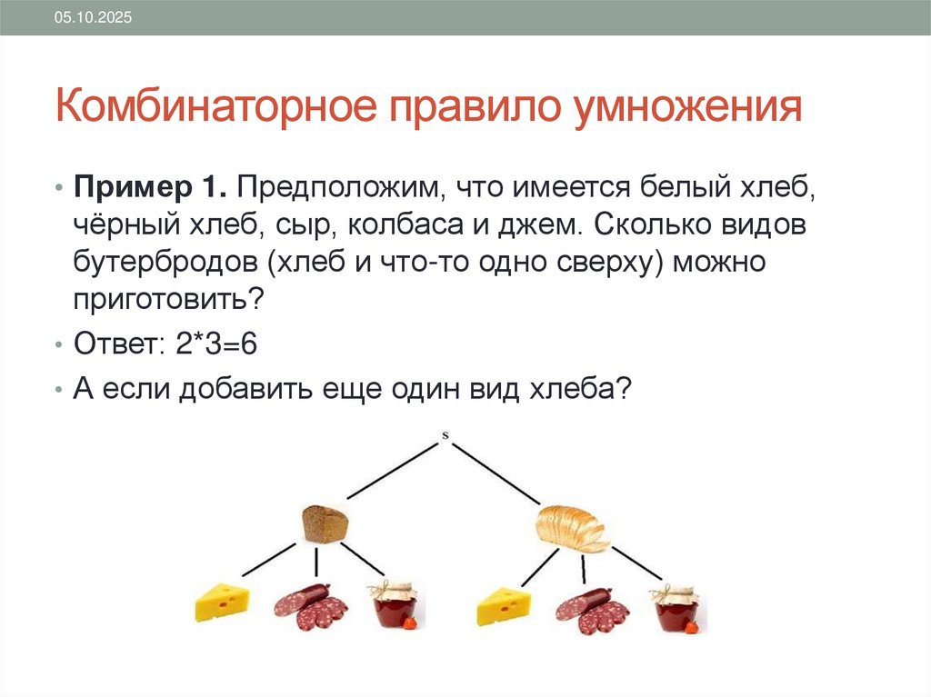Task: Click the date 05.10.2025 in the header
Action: tap(93, 18)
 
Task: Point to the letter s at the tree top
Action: tap(445, 435)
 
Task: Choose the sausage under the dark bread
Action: tap(311, 605)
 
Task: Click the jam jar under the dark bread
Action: tap(393, 604)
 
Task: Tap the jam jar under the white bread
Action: tap(676, 606)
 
